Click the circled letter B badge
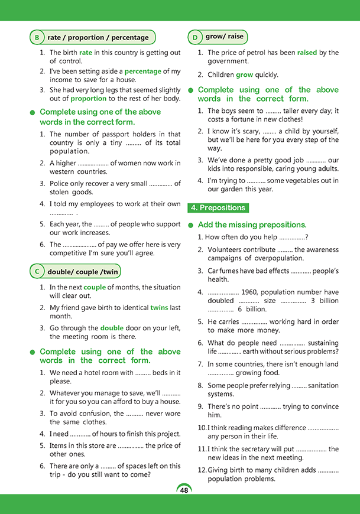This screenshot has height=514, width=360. click(37, 37)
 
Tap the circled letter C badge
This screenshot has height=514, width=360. click(37, 272)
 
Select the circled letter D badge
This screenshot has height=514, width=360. click(195, 37)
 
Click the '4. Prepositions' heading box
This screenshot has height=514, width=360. click(218, 208)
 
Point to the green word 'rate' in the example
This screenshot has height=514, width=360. click(86, 53)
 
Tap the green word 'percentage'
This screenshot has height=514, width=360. click(142, 71)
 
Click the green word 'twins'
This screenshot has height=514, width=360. click(159, 308)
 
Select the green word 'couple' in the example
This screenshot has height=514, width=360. click(95, 288)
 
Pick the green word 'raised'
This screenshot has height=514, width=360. click(307, 53)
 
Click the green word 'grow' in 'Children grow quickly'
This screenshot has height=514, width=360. click(244, 75)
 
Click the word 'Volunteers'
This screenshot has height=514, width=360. click(225, 250)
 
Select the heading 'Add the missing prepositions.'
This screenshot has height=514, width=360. click(252, 225)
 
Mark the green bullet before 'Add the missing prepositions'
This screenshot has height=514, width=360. click(191, 225)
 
